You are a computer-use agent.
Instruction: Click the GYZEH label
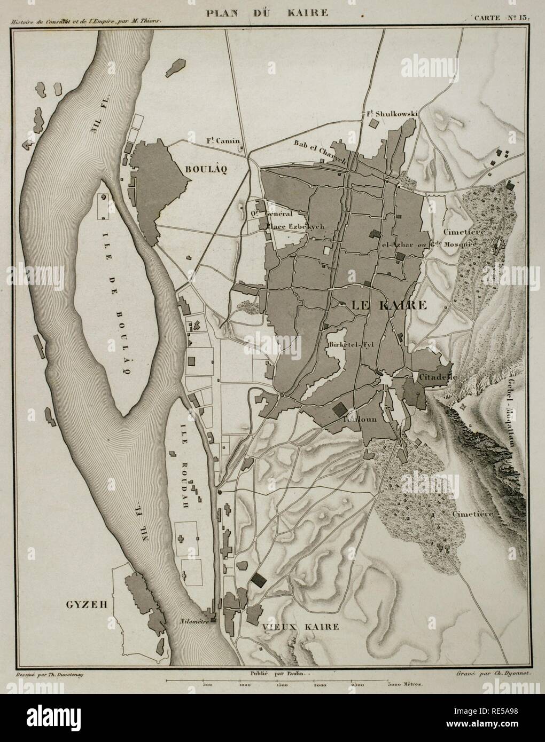[x=87, y=605]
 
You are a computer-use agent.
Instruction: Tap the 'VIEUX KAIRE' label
[x=300, y=627]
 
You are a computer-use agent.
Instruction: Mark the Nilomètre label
[x=194, y=621]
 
